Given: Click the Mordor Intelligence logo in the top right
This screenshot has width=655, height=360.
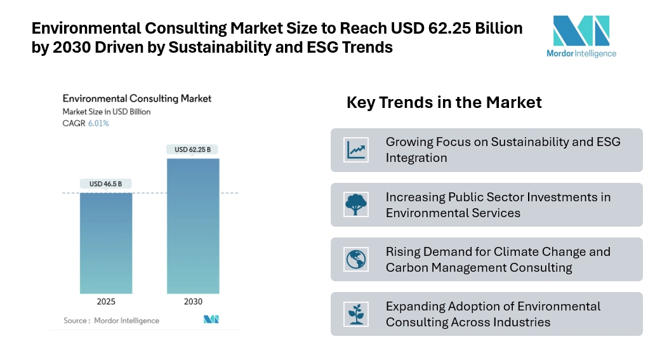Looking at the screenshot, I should pyautogui.click(x=581, y=37).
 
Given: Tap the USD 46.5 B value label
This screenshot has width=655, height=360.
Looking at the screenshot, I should pyautogui.click(x=106, y=184).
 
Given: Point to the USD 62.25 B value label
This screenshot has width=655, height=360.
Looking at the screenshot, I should pyautogui.click(x=192, y=150).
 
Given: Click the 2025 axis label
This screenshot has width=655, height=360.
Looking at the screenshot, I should pyautogui.click(x=106, y=302).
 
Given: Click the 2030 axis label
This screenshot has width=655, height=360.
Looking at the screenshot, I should pyautogui.click(x=192, y=302).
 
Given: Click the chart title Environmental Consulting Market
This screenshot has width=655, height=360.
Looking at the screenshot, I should pyautogui.click(x=136, y=98).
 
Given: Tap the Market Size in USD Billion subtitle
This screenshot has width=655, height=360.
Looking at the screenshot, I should pyautogui.click(x=106, y=112).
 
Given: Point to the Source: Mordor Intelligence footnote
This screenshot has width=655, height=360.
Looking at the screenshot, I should pyautogui.click(x=111, y=321).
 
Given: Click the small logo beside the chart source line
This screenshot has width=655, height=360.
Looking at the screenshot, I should pyautogui.click(x=211, y=319).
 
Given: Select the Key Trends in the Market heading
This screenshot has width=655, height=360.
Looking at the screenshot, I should pyautogui.click(x=444, y=102).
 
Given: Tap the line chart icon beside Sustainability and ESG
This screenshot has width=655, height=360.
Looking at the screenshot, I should pyautogui.click(x=356, y=150).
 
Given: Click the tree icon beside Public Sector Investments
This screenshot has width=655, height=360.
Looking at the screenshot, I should pyautogui.click(x=356, y=204).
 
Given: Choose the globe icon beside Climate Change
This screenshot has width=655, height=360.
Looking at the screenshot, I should pyautogui.click(x=356, y=259).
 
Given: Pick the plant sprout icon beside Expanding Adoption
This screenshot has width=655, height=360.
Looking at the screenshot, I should pyautogui.click(x=356, y=314).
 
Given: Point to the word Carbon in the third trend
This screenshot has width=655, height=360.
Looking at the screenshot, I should pyautogui.click(x=406, y=267).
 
